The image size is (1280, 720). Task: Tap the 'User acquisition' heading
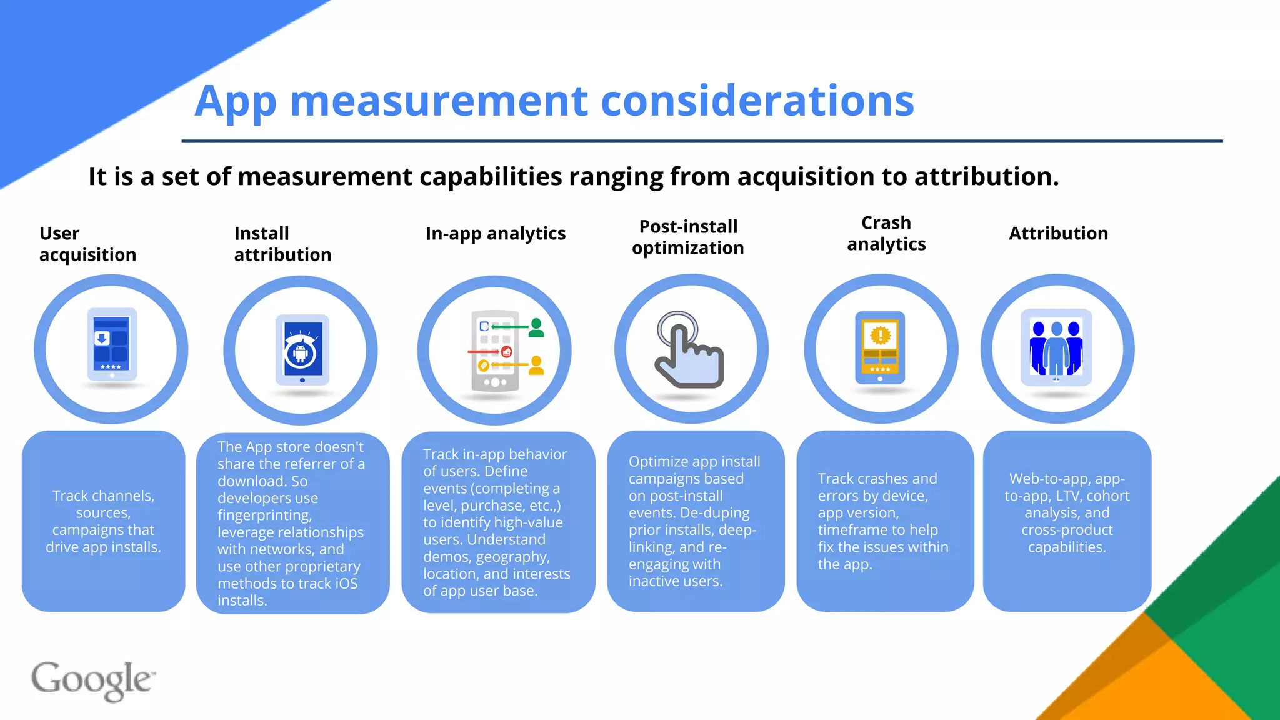click(87, 244)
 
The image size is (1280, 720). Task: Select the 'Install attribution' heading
click(282, 244)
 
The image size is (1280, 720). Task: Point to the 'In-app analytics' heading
click(495, 233)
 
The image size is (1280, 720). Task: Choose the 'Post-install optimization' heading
click(687, 237)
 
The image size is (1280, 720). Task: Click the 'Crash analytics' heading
click(886, 233)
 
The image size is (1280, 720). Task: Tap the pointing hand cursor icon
click(687, 350)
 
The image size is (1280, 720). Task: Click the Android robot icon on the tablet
click(301, 353)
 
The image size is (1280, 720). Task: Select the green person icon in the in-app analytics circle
click(536, 327)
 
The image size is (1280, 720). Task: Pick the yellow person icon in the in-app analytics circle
click(536, 365)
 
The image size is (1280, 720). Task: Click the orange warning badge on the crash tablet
click(880, 336)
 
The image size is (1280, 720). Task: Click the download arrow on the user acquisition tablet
click(102, 338)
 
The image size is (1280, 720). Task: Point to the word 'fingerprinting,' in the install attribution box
click(264, 515)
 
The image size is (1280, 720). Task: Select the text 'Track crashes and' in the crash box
click(877, 479)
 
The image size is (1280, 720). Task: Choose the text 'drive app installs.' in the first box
click(103, 547)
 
